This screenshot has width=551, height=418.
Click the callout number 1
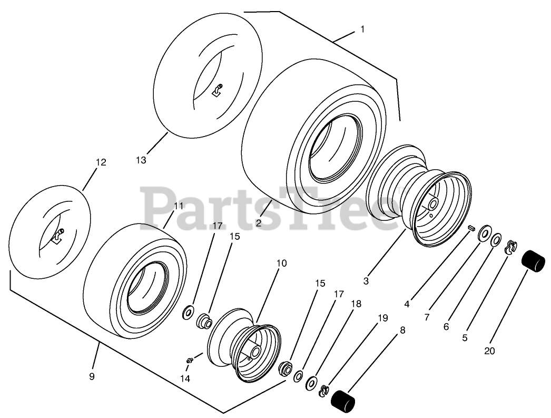362,30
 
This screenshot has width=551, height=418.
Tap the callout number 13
141,160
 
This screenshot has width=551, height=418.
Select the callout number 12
101,163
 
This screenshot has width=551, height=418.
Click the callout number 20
489,351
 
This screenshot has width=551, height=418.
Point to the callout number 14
184,378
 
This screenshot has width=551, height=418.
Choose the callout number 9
92,376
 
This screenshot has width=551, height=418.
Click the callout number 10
281,263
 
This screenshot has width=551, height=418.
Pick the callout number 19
382,318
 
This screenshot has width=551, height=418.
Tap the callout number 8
402,331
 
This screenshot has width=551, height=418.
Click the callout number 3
366,281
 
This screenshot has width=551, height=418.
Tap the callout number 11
179,206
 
